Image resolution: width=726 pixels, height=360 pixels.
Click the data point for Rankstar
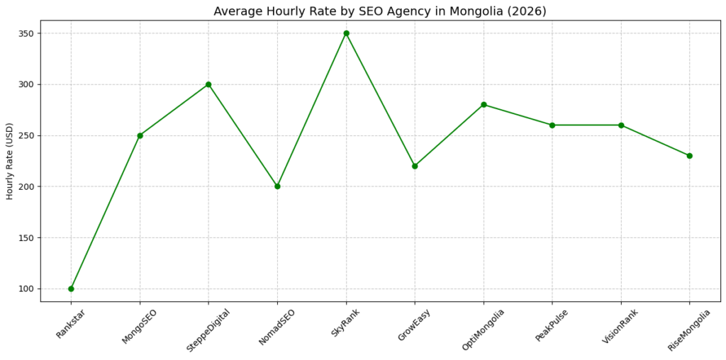point(71,288)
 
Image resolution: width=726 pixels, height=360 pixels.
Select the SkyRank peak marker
point(346,33)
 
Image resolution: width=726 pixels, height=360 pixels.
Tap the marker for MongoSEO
point(140,135)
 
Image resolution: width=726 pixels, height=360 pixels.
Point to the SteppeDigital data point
point(208,84)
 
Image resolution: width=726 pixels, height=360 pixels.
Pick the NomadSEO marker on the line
point(277,186)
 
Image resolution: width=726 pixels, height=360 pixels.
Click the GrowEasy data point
point(415,166)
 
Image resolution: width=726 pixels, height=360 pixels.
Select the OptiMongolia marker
point(484,105)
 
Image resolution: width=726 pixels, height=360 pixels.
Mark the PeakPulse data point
point(552,125)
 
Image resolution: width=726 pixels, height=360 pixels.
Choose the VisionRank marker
point(621,125)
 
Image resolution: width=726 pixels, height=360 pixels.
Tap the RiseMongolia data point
point(690,156)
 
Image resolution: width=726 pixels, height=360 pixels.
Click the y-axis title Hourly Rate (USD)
point(9,160)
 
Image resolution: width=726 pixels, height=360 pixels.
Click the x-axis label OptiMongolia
point(481,330)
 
